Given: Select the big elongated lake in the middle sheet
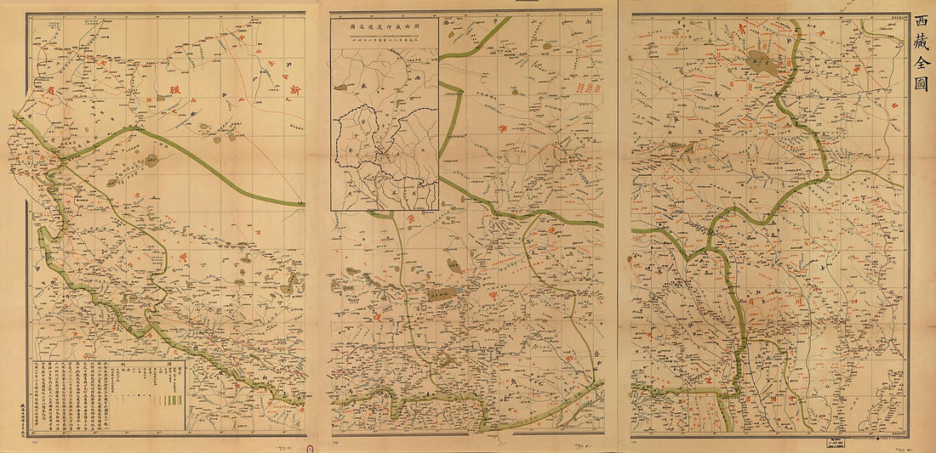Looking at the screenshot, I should point(441,295).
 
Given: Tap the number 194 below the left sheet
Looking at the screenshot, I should point(34,441).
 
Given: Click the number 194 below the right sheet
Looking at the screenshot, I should point(635,441).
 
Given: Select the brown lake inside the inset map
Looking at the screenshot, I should point(342,87).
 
